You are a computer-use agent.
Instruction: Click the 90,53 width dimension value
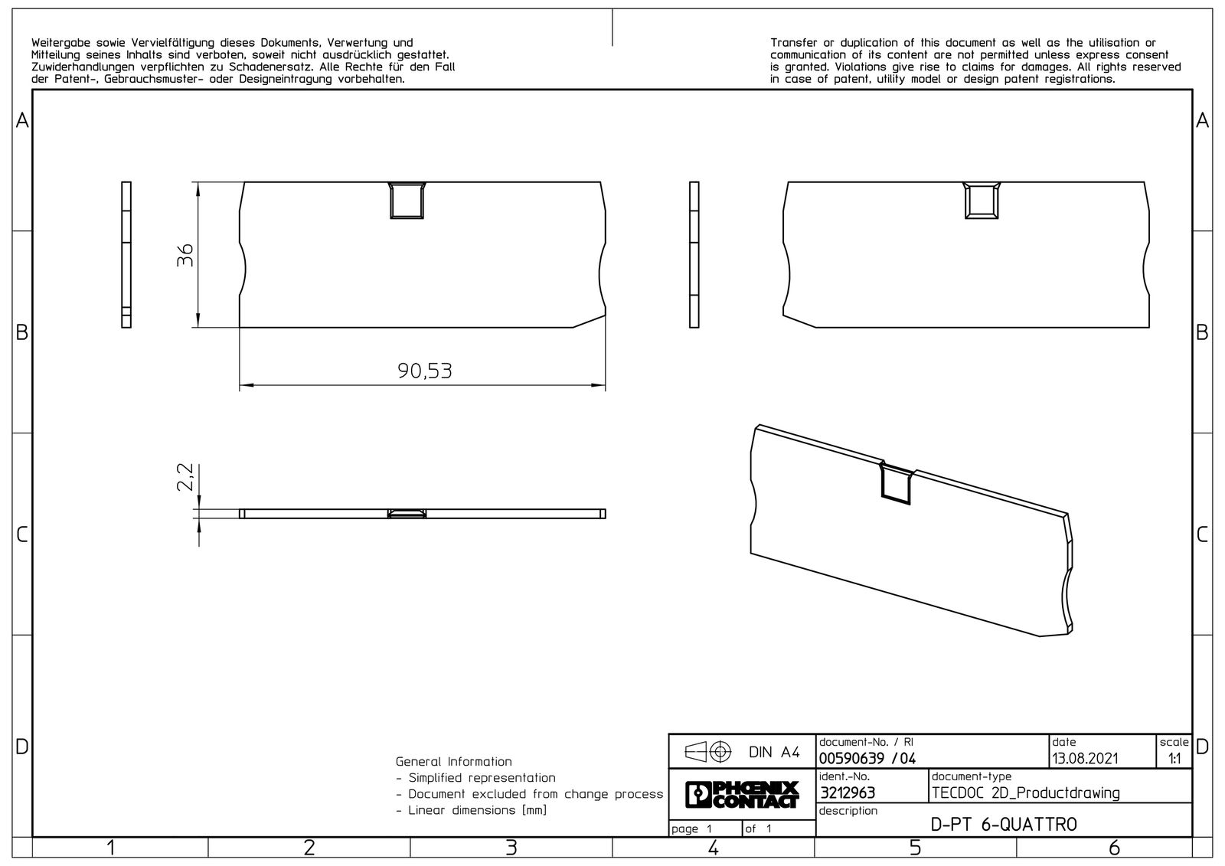(424, 371)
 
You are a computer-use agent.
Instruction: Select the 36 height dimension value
(185, 255)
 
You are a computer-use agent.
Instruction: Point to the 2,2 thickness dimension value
(185, 477)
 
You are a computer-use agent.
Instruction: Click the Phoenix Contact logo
(742, 794)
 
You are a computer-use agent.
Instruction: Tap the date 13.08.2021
(1085, 759)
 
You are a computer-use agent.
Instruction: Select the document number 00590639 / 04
(867, 759)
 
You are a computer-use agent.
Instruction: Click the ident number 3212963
(847, 792)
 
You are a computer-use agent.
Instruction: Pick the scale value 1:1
(1174, 759)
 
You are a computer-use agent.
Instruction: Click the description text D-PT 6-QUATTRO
(1004, 825)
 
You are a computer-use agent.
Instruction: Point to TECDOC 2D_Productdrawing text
(1026, 792)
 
